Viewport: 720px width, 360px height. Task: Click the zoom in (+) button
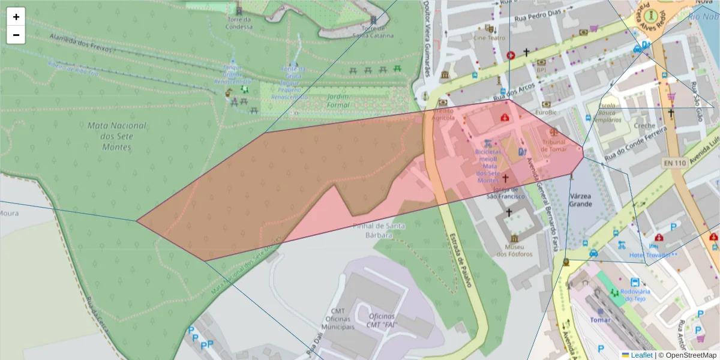coord(16,17)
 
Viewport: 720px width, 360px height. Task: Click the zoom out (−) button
coord(16,35)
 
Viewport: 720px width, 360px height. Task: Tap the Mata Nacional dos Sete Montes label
coord(116,136)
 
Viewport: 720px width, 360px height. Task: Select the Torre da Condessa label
coord(239,22)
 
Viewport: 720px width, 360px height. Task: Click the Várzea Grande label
coord(580,200)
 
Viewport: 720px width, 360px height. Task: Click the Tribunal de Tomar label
coord(553,145)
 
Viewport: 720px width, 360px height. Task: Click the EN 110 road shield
coord(675,163)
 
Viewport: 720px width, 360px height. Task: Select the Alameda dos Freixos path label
coord(80,44)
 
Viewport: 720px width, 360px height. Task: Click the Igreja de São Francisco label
coord(505,193)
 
